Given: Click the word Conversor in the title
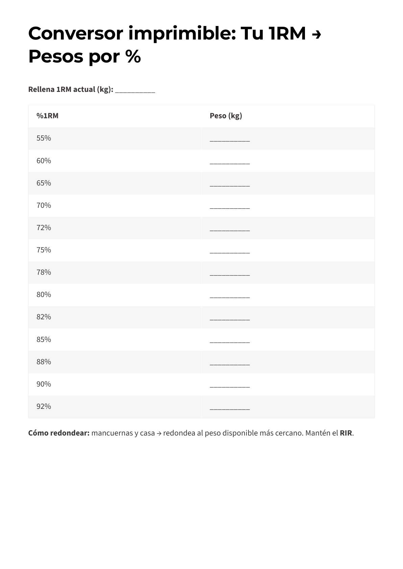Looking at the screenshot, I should coord(75,33).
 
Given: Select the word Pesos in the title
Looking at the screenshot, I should coord(56,56).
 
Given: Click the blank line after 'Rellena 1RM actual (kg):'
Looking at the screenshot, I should coord(135,91).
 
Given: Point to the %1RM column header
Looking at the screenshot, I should coord(47,116).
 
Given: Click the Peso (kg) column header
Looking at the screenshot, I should coord(226,116).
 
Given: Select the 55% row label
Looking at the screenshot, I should coord(44,138).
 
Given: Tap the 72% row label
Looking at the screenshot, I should coord(44,228).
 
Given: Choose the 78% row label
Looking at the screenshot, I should coord(44,272).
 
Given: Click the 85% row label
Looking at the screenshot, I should coord(44,340).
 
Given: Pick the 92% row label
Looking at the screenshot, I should coord(44,406).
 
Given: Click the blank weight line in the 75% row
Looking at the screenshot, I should coord(230,252).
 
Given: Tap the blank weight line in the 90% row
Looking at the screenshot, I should coord(230,386).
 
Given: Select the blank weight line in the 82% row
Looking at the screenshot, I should coord(230,319).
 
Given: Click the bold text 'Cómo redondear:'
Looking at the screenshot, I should coord(59,433).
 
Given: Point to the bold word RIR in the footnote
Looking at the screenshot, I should coord(346,433).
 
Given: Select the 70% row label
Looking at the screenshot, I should coord(44,205).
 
